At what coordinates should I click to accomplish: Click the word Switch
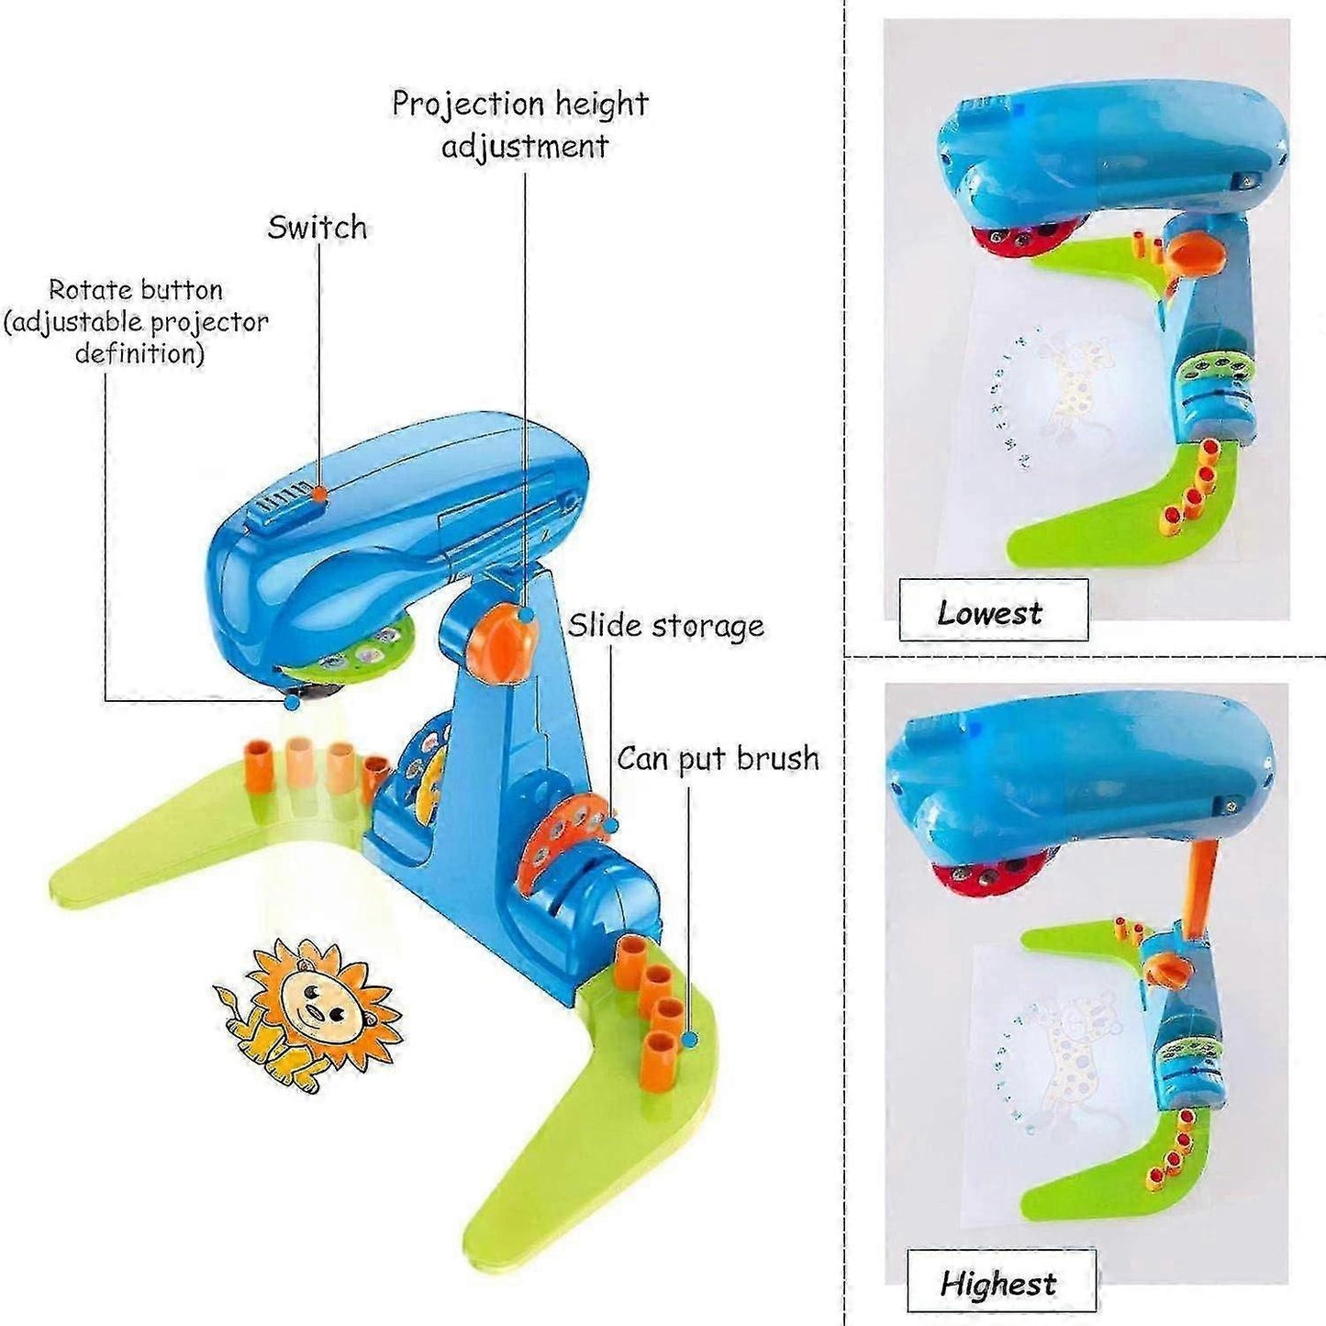pos(318,227)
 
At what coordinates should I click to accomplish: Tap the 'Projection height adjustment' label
pos(521,125)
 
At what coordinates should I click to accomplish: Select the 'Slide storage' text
pos(666,626)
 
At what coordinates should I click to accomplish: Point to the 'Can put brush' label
pos(718,759)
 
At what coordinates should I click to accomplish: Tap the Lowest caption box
pos(993,609)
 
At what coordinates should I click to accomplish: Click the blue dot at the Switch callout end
pos(318,493)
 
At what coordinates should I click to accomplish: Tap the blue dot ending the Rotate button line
pos(292,702)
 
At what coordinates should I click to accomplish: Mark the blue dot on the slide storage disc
pos(611,825)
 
